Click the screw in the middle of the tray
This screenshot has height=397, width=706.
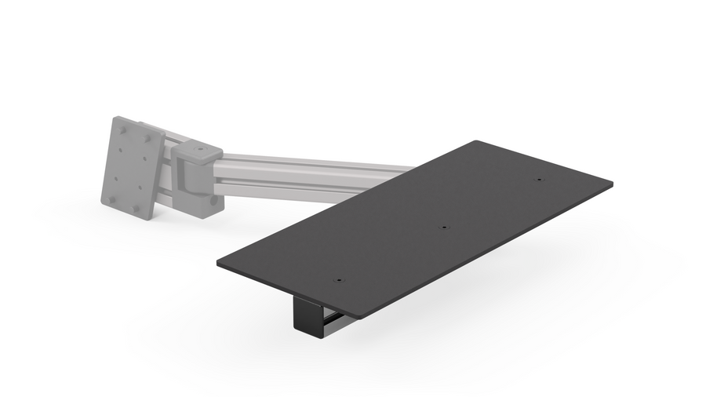pos(443,228)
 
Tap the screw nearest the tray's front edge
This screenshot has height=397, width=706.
pos(339,279)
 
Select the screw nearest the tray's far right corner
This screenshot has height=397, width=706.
pos(539,180)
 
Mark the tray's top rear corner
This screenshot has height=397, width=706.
pos(476,142)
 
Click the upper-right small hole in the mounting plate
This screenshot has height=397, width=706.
pos(144,155)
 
